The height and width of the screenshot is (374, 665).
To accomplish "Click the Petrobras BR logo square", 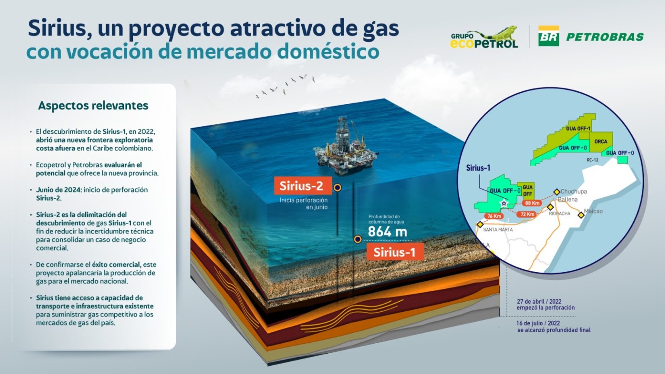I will [549, 36].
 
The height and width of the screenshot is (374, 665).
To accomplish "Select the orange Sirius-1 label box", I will [394, 252].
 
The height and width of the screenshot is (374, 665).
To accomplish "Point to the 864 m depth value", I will [387, 232].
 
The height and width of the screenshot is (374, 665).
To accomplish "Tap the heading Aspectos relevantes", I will [93, 106].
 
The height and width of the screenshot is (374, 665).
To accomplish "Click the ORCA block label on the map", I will [600, 142].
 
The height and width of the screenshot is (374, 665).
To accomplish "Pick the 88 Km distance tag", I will [532, 203].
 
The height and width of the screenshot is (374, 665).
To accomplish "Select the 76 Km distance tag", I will [494, 216].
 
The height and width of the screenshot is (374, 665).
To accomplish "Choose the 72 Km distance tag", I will [527, 214].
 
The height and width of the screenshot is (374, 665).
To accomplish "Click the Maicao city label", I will [593, 211].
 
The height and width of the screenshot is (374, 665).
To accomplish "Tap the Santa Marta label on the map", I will [498, 229].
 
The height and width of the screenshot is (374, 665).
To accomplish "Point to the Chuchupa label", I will [574, 191].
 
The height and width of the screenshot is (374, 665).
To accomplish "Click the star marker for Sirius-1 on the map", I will [504, 203].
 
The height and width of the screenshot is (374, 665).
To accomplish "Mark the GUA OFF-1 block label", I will [578, 129].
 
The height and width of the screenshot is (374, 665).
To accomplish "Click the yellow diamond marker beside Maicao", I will [581, 215].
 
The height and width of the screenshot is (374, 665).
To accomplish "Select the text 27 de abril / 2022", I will [539, 302].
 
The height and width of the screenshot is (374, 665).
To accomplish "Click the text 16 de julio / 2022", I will [538, 323].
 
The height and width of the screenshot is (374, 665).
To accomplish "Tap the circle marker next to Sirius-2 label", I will [338, 187].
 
